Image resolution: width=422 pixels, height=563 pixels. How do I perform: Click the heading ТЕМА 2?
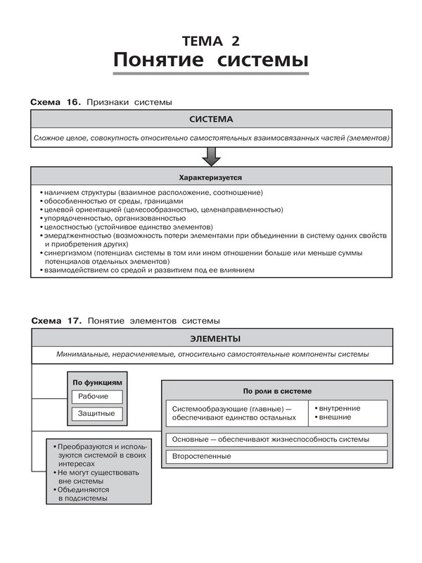(210, 39)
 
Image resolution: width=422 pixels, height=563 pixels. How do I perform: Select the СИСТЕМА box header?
(210, 120)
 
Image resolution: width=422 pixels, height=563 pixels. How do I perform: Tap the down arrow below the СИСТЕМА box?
(210, 155)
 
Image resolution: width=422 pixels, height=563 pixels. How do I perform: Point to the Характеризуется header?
(210, 177)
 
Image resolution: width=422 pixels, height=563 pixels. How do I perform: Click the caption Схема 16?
(57, 103)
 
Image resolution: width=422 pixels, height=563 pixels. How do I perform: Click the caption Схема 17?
(57, 320)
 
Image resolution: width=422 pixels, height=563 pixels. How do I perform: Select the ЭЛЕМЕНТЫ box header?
(210, 338)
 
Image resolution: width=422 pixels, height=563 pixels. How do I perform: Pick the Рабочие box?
(94, 397)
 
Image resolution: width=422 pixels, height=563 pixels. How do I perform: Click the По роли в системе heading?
(277, 391)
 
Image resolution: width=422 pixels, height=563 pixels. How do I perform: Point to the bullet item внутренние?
(340, 408)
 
